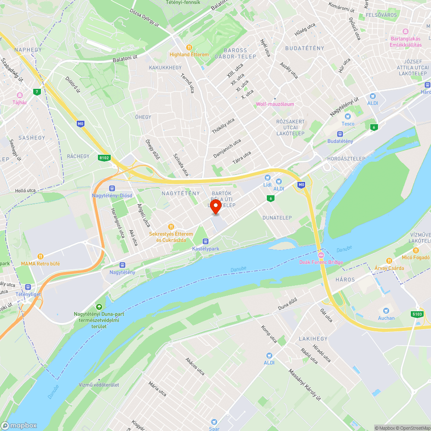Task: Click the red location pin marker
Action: coord(215,206)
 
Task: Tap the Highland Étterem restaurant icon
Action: coord(189,47)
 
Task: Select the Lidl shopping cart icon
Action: coord(268,177)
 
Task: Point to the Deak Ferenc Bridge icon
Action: coord(321,255)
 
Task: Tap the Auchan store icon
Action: coord(386,311)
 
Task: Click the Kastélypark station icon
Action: coord(205,241)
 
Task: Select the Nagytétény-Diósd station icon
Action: coord(112,188)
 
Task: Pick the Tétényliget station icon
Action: coord(28,287)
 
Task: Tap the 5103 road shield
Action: coord(416,314)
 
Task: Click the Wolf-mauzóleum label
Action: coord(275,104)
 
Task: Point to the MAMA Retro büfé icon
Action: coord(41,256)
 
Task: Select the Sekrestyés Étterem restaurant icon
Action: coord(171,226)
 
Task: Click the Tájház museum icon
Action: coord(19,95)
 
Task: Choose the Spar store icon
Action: coord(214,422)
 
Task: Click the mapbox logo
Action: coord(19,425)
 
